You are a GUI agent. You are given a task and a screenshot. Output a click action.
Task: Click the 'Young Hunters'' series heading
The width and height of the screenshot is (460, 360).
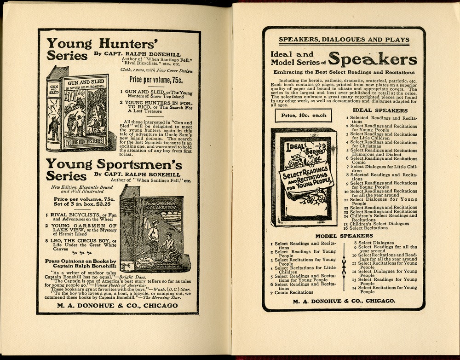click(x=101, y=44)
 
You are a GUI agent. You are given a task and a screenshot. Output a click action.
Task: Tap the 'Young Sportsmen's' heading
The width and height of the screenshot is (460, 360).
click(x=114, y=165)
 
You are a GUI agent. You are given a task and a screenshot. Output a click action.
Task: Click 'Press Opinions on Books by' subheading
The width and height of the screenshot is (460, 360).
click(x=80, y=261)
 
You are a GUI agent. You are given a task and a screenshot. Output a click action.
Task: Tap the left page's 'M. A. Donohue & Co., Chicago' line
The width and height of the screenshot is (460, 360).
click(x=118, y=305)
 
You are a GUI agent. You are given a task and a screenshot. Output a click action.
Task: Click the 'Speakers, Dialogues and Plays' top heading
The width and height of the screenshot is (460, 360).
click(x=344, y=40)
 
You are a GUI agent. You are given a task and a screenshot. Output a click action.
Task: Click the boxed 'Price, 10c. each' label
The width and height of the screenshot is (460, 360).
click(x=303, y=115)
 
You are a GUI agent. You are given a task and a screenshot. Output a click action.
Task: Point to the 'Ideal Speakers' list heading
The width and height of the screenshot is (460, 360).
click(x=379, y=110)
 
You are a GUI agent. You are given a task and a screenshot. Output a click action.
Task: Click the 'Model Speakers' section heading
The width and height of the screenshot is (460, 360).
click(x=344, y=236)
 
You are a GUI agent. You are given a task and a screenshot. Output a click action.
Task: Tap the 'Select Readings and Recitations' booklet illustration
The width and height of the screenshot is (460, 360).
click(x=304, y=177)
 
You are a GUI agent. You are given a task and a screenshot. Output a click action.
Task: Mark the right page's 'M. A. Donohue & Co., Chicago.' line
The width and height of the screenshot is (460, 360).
click(x=344, y=301)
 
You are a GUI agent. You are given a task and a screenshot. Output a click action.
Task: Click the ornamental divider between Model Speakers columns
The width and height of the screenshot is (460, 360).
click(x=344, y=266)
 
